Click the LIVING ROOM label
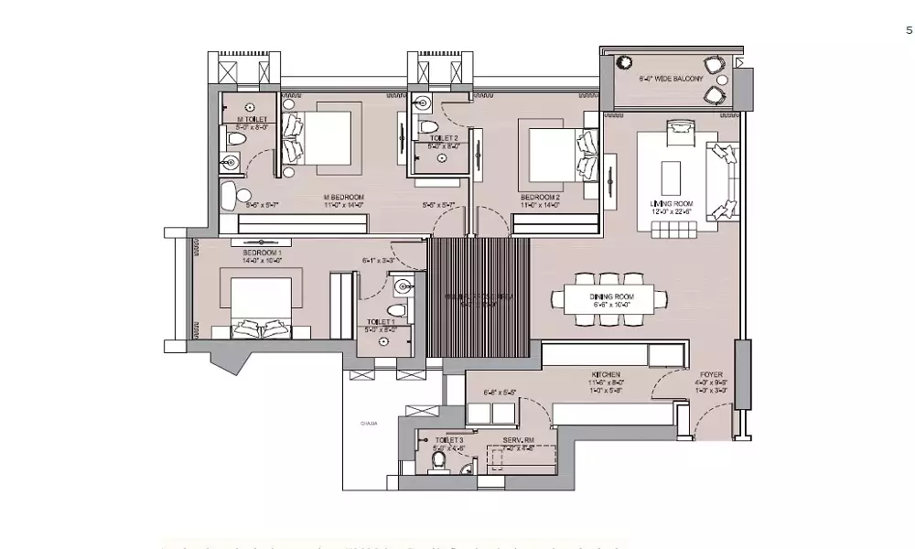click(671, 203)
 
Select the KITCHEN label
click(606, 374)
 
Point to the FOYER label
click(712, 374)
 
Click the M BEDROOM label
click(344, 198)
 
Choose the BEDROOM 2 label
click(540, 197)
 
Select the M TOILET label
click(252, 119)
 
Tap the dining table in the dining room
click(610, 298)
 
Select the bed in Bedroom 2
click(554, 151)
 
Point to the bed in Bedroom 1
click(262, 307)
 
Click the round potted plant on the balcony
click(625, 63)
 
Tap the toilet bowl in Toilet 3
click(437, 458)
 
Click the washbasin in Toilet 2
click(423, 101)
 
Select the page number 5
click(909, 30)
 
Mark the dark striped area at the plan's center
click(479, 297)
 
